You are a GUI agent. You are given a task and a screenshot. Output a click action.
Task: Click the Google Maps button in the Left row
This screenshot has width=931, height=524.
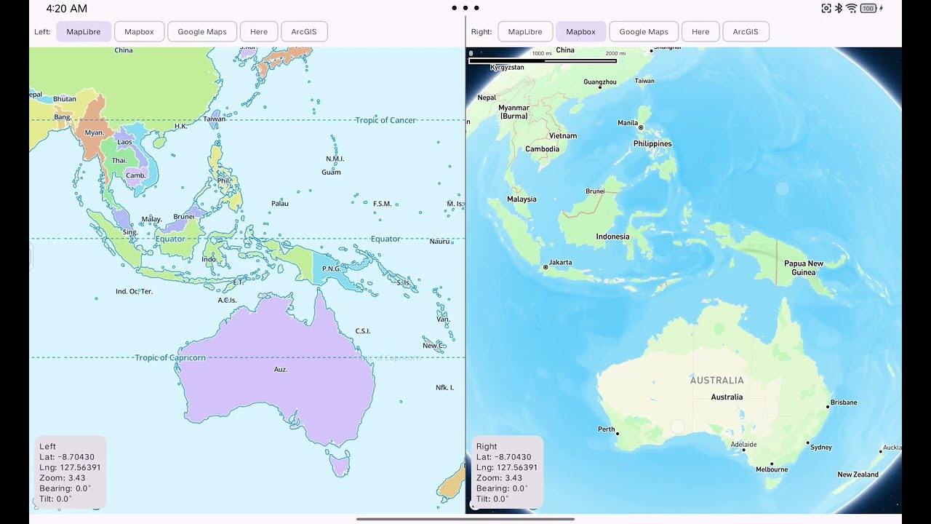(x=202, y=32)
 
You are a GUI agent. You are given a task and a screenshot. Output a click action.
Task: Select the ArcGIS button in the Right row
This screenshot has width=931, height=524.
(x=745, y=32)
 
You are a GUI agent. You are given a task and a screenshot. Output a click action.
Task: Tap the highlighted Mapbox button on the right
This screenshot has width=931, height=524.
(x=580, y=32)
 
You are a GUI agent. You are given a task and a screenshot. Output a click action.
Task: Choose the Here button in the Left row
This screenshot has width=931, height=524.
(x=259, y=32)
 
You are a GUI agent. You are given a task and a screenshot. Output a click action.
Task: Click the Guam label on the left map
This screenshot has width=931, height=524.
(x=331, y=172)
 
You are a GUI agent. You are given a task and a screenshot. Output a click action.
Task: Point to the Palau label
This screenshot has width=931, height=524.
(x=280, y=204)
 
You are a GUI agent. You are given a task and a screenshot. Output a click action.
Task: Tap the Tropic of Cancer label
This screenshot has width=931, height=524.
(x=385, y=120)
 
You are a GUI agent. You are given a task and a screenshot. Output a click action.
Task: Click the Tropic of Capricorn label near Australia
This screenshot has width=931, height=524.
(x=170, y=358)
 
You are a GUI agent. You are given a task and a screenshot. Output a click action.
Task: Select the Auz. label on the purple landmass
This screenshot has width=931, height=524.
(x=281, y=370)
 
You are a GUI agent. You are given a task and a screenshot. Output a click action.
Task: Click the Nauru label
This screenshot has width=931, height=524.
(x=439, y=242)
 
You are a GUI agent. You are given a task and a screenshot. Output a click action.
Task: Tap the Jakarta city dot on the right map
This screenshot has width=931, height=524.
(x=546, y=268)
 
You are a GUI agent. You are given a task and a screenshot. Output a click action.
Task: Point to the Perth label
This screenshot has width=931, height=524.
(x=606, y=429)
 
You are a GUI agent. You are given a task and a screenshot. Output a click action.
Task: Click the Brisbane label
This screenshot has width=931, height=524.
(x=844, y=402)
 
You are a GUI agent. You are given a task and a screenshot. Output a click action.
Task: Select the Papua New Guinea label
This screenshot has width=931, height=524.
(x=804, y=268)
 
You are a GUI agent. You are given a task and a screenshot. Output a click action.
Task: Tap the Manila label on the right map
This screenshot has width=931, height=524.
(x=628, y=123)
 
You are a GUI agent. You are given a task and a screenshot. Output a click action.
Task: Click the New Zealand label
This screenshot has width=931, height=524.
(x=858, y=475)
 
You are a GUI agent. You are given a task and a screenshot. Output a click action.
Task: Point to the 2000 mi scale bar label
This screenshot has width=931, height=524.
(x=615, y=53)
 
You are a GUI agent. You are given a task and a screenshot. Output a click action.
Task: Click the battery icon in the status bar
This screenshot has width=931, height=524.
(x=868, y=9)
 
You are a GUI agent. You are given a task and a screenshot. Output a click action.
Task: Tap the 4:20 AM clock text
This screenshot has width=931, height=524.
(x=66, y=9)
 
